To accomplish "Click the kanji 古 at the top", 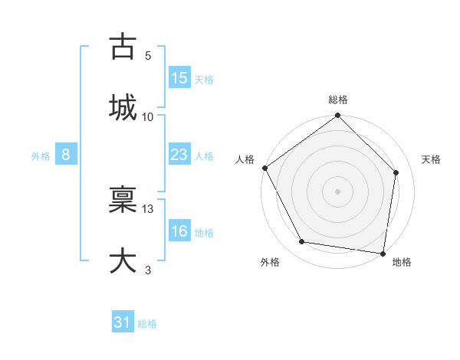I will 123,47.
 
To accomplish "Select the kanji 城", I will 123,107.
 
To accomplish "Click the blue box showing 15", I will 179,78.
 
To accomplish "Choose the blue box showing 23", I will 179,155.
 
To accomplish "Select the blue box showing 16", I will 179,231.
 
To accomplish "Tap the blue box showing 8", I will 66,155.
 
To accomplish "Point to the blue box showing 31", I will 123,322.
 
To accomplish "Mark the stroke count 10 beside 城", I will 148,116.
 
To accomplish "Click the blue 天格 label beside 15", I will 204,79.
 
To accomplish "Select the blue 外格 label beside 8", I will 41,155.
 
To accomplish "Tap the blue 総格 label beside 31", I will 147,323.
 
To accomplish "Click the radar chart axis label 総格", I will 338,100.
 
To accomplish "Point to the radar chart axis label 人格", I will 245,159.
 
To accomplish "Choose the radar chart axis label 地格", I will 402,262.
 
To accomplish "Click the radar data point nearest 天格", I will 396,172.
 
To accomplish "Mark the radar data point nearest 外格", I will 302,242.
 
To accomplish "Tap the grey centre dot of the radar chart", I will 338,191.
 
